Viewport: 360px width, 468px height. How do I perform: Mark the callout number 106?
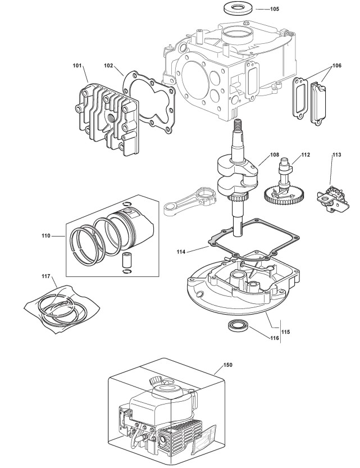click(x=336, y=66)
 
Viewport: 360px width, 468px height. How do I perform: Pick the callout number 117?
click(x=46, y=276)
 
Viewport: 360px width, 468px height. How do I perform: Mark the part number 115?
click(x=285, y=333)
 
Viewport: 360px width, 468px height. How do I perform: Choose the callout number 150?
click(x=227, y=365)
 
